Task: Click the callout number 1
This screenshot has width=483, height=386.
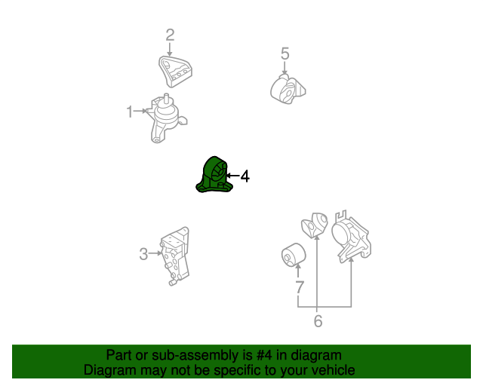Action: coord(130,112)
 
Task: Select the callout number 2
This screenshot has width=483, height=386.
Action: coord(170,35)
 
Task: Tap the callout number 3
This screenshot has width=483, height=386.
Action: coord(143,254)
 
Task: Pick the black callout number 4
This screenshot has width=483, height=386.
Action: coord(245,176)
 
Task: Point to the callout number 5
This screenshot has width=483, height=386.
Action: coord(285,54)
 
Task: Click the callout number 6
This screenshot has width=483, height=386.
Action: coord(318,321)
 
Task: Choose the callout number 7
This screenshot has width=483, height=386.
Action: coord(300,287)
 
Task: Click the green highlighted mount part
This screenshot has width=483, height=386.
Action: coord(214,175)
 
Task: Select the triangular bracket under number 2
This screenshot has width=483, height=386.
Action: coord(175,72)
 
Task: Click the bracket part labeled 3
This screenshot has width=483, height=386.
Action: coord(175,256)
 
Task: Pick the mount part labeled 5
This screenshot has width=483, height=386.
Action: coord(288,90)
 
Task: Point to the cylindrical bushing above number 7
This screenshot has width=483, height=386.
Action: coord(294,255)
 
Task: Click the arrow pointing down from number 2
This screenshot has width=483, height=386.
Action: coord(169,50)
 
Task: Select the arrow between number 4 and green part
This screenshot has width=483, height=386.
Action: coord(233,176)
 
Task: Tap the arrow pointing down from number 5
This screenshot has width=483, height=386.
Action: coord(285,68)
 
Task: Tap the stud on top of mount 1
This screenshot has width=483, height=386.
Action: coord(166,98)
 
